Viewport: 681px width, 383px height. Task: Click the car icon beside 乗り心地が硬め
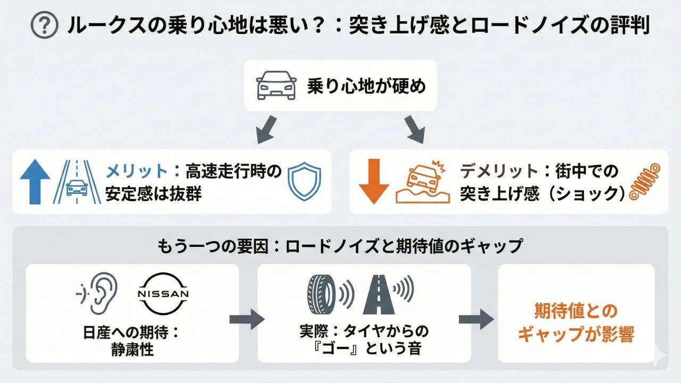pyautogui.click(x=277, y=86)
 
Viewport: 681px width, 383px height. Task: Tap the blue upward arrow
pyautogui.click(x=35, y=181)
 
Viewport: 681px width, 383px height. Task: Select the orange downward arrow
pyautogui.click(x=374, y=181)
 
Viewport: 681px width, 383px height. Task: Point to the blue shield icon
pyautogui.click(x=305, y=181)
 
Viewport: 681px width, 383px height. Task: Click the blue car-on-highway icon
pyautogui.click(x=78, y=181)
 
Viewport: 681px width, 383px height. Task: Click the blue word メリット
pyautogui.click(x=136, y=171)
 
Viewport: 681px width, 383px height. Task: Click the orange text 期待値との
pyautogui.click(x=576, y=311)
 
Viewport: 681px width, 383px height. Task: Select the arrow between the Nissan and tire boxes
pyautogui.click(x=247, y=319)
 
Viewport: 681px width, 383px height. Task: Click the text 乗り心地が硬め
pyautogui.click(x=367, y=86)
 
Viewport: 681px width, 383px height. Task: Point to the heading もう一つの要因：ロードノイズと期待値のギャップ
pyautogui.click(x=340, y=246)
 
